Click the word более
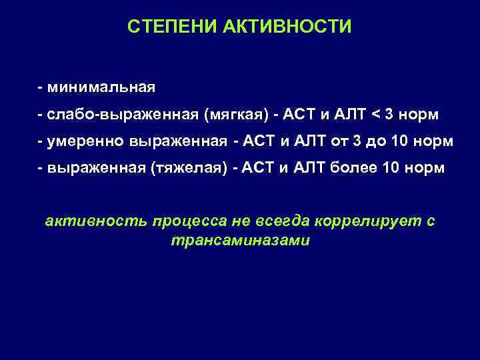[354, 169]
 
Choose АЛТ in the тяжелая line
[311, 169]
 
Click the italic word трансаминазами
[240, 241]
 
